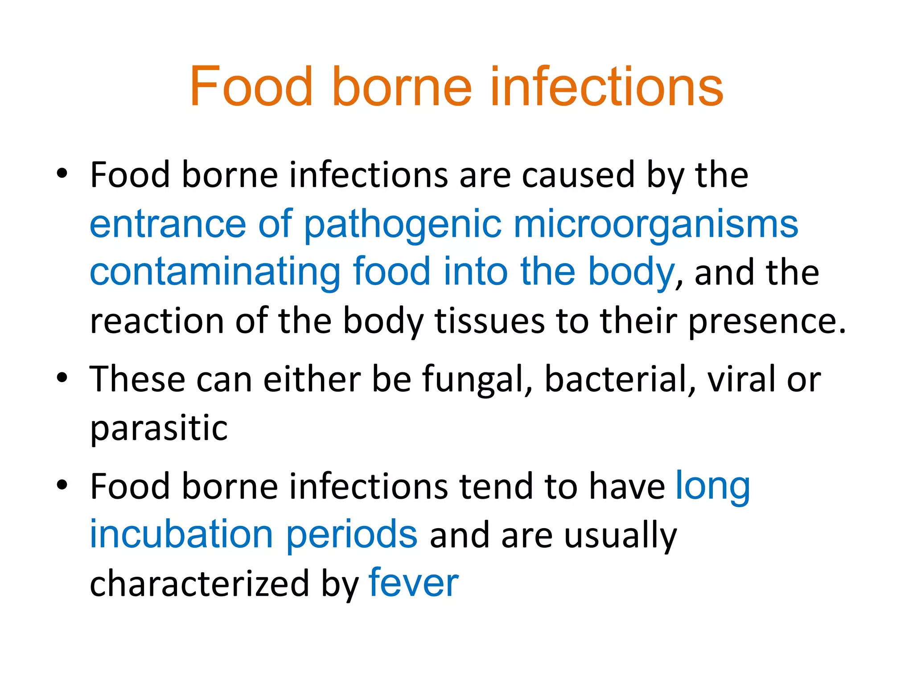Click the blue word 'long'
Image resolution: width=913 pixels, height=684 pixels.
pos(712,486)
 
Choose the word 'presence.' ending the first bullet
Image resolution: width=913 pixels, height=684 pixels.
pos(767,322)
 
